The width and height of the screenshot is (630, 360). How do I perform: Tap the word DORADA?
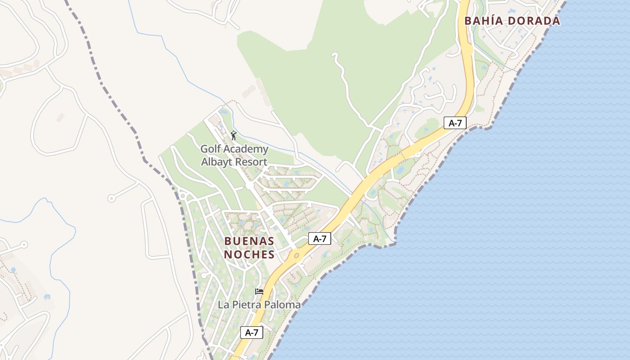coord(535,21)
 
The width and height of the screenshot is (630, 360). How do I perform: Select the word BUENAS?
coord(249,241)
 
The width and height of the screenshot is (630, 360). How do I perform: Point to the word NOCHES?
coord(249,255)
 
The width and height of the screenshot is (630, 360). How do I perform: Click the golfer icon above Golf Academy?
coord(233,135)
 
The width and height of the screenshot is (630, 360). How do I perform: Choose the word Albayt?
coord(215,162)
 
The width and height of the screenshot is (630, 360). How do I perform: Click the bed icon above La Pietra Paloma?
coord(259,292)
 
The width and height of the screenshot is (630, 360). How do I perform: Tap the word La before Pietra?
coord(223,305)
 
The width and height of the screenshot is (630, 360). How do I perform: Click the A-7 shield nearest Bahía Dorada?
coord(455,123)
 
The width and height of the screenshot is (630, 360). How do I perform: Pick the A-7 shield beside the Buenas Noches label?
coord(319,239)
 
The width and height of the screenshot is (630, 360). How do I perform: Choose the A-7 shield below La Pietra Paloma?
coord(252,333)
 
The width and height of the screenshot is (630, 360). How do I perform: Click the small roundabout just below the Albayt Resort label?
coord(249,185)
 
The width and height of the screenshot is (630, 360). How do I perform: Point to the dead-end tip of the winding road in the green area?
coord(334,54)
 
